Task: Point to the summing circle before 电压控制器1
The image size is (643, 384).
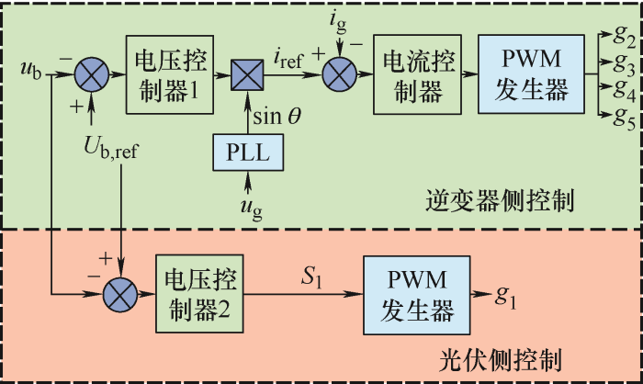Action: (91, 71)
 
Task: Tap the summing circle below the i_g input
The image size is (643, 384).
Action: (341, 71)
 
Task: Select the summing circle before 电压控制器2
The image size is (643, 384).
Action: (120, 294)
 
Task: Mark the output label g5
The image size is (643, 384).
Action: (625, 116)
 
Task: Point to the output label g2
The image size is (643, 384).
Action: (625, 39)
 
